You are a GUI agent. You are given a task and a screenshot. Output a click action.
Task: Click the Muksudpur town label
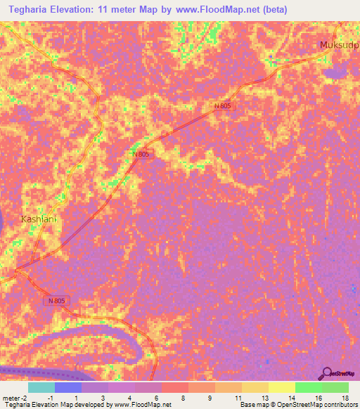tap(339, 46)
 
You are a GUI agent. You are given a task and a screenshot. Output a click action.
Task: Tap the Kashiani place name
tap(38, 219)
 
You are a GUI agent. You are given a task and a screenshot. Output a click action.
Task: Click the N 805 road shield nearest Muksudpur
tap(222, 105)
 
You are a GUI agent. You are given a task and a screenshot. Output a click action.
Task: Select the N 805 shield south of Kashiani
tap(59, 301)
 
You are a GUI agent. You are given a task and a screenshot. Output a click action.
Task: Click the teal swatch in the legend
tap(41, 387)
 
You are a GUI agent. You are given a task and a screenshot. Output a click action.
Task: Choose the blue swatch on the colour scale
tap(68, 387)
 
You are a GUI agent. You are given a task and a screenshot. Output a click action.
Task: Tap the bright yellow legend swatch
tap(281, 387)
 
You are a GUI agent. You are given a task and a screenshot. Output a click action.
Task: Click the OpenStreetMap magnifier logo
tap(326, 373)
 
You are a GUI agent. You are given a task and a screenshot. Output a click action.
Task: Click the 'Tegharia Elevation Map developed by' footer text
tap(56, 405)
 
